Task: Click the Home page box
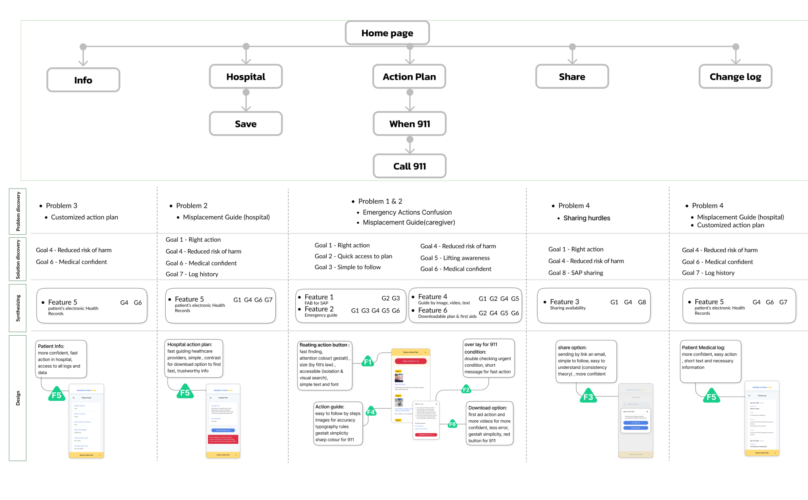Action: pyautogui.click(x=387, y=33)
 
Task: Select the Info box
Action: pyautogui.click(x=83, y=80)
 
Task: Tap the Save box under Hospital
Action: pyautogui.click(x=245, y=124)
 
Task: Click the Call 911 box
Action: pyautogui.click(x=409, y=166)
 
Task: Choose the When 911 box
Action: pyautogui.click(x=409, y=124)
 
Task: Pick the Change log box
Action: pyautogui.click(x=735, y=77)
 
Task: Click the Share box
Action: pyautogui.click(x=572, y=77)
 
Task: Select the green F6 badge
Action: pyautogui.click(x=452, y=424)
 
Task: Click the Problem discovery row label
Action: pyautogui.click(x=18, y=211)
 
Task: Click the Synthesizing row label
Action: pyautogui.click(x=18, y=308)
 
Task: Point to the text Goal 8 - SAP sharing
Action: pyautogui.click(x=575, y=273)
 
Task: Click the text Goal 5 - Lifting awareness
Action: pyautogui.click(x=455, y=258)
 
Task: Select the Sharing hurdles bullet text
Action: pyautogui.click(x=586, y=218)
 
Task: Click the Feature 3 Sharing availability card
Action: pyautogui.click(x=594, y=305)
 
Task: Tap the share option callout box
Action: pyautogui.click(x=586, y=361)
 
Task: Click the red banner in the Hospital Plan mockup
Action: pyautogui.click(x=223, y=439)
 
